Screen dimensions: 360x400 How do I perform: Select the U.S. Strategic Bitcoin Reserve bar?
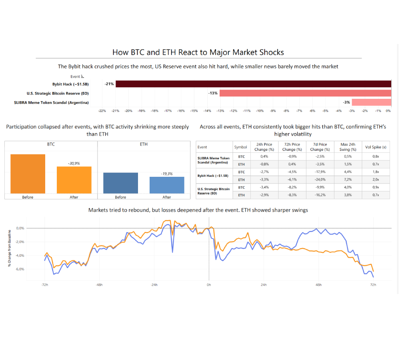(x=305, y=93)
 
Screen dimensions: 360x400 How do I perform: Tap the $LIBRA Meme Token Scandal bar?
(x=371, y=102)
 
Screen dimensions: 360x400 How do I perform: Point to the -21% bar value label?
(x=109, y=84)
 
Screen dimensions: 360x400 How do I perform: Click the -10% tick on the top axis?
(x=260, y=111)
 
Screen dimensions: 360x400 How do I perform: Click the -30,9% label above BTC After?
(x=74, y=164)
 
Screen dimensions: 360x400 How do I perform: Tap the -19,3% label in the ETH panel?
(x=167, y=174)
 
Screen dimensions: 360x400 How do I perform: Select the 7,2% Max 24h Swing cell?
(x=348, y=180)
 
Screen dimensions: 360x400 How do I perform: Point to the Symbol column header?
(x=241, y=147)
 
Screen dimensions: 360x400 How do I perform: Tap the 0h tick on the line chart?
(x=209, y=285)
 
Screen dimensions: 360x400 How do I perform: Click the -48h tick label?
(x=99, y=285)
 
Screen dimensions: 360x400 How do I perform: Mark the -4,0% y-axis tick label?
(x=20, y=256)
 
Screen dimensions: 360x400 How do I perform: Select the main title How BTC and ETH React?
(x=198, y=52)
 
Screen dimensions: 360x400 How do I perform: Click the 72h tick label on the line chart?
(x=373, y=285)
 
